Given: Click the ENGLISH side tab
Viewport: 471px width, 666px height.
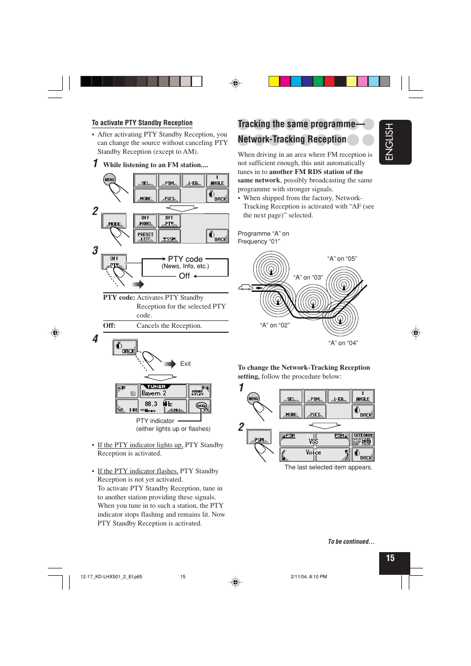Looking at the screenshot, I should coord(395,142).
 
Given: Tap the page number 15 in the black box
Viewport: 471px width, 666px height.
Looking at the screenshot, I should coord(390,558).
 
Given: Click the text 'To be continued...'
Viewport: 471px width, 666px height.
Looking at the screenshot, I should coord(351,541).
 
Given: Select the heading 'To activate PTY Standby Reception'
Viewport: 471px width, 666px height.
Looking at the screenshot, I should coord(142,123).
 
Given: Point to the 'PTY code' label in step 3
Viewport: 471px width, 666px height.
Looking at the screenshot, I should coord(185,259).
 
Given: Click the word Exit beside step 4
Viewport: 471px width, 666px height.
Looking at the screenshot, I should coord(185,364).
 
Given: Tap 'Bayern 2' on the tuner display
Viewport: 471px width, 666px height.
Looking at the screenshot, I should coord(154,393).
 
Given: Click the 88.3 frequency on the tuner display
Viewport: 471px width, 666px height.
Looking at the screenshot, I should coord(151,404).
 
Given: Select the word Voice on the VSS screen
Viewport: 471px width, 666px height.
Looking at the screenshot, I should coord(313,452).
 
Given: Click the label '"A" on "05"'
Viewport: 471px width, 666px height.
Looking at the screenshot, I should coord(342,259).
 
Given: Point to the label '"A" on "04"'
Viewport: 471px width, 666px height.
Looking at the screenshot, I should coord(343,343).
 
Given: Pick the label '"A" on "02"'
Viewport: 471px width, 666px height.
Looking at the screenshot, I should coord(275,325).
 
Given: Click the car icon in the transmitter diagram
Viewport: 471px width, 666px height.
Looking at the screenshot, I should coord(245,287).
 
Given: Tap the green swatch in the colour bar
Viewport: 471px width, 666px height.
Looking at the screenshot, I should coord(318,81).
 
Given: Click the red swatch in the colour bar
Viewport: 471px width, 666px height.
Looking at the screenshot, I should coord(329,81).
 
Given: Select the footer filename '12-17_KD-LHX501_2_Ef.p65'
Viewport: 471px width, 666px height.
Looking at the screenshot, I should coord(111,576).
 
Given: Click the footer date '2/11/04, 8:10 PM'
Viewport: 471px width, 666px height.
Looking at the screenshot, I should coord(309,576).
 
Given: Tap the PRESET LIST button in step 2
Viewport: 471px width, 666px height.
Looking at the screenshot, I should coord(145,237).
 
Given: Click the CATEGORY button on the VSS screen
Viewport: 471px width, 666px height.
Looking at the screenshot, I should coord(362,439).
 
